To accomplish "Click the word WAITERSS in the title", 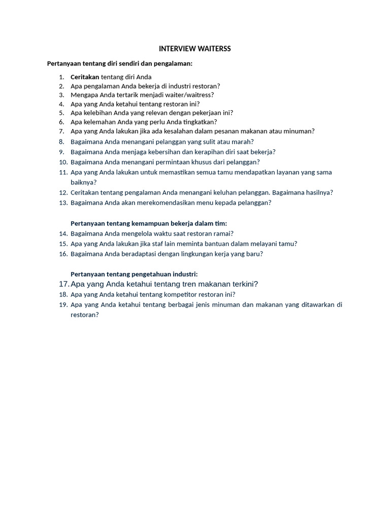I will [215, 49].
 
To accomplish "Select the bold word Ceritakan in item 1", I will [85, 77].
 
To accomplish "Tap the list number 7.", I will [61, 131].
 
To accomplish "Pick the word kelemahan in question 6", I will [100, 122].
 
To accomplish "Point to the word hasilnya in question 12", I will [317, 192].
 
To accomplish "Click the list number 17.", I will [63, 284].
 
